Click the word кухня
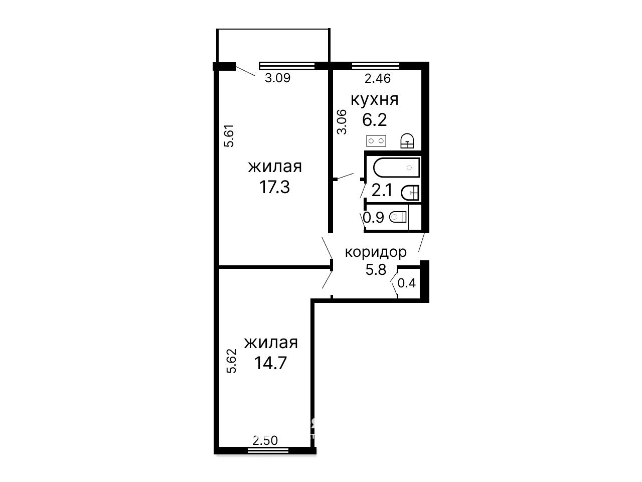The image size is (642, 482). [x=374, y=100]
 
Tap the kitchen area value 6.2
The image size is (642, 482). [x=374, y=120]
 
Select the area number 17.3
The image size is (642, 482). [x=274, y=187]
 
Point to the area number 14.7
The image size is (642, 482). [x=270, y=363]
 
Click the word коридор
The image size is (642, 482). [x=376, y=252]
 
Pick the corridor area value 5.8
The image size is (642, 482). [x=376, y=269]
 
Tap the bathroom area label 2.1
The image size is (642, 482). [x=382, y=191]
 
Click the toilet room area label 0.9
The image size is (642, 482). [x=374, y=218]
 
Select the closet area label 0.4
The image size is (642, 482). [x=407, y=283]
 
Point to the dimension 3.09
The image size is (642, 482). [x=277, y=78]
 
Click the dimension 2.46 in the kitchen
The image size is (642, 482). [x=378, y=78]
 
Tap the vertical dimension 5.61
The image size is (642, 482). [x=229, y=136]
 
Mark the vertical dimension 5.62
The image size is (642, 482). [x=231, y=361]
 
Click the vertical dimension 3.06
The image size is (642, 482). [x=342, y=122]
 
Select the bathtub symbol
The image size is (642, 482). [x=396, y=168]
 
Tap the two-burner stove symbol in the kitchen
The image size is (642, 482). [x=376, y=141]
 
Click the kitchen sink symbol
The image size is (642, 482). [x=407, y=140]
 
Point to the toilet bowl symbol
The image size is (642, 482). [x=398, y=217]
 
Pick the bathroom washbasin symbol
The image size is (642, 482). [x=410, y=193]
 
